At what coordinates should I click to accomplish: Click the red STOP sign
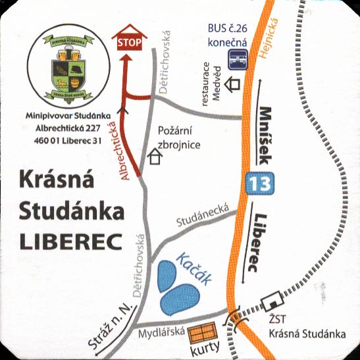tap(130, 41)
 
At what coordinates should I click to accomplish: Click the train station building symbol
tap(270, 303)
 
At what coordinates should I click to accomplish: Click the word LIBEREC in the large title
tap(71, 242)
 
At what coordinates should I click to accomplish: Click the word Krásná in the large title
tap(59, 180)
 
